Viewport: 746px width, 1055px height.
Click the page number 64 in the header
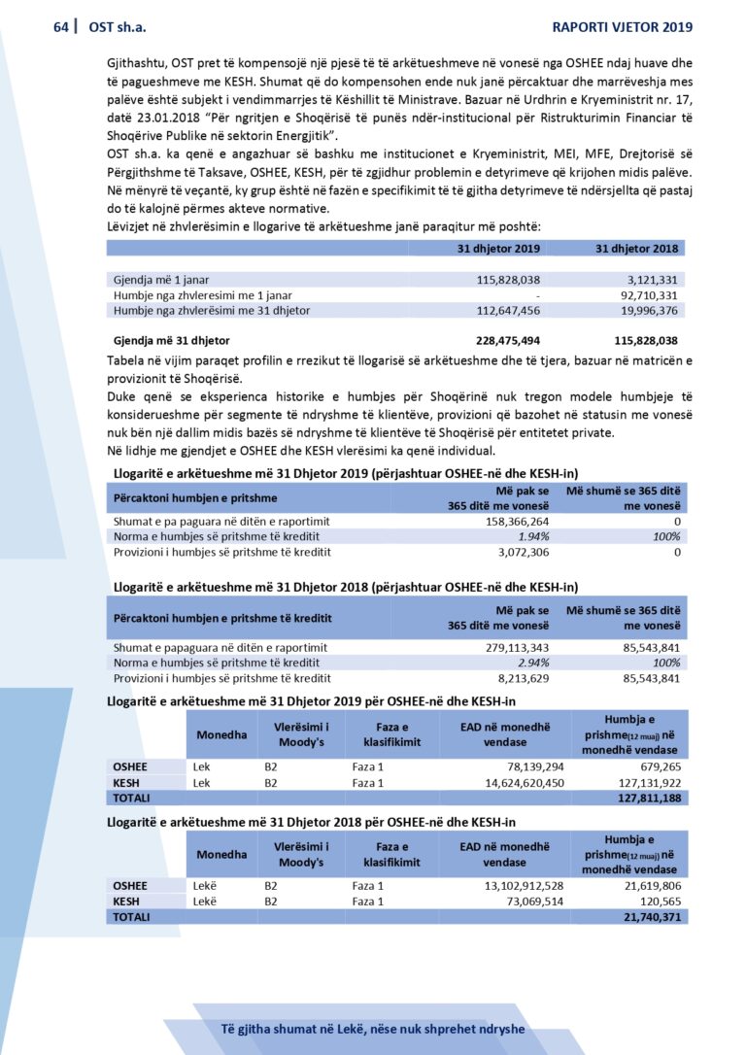tap(61, 27)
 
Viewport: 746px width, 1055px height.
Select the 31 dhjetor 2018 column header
tap(636, 249)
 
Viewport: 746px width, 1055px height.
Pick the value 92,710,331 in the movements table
tap(648, 294)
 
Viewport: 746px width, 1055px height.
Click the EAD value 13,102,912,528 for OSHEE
tap(512, 886)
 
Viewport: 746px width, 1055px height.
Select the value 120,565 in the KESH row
tap(656, 902)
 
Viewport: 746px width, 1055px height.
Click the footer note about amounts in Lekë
tap(372, 1029)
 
